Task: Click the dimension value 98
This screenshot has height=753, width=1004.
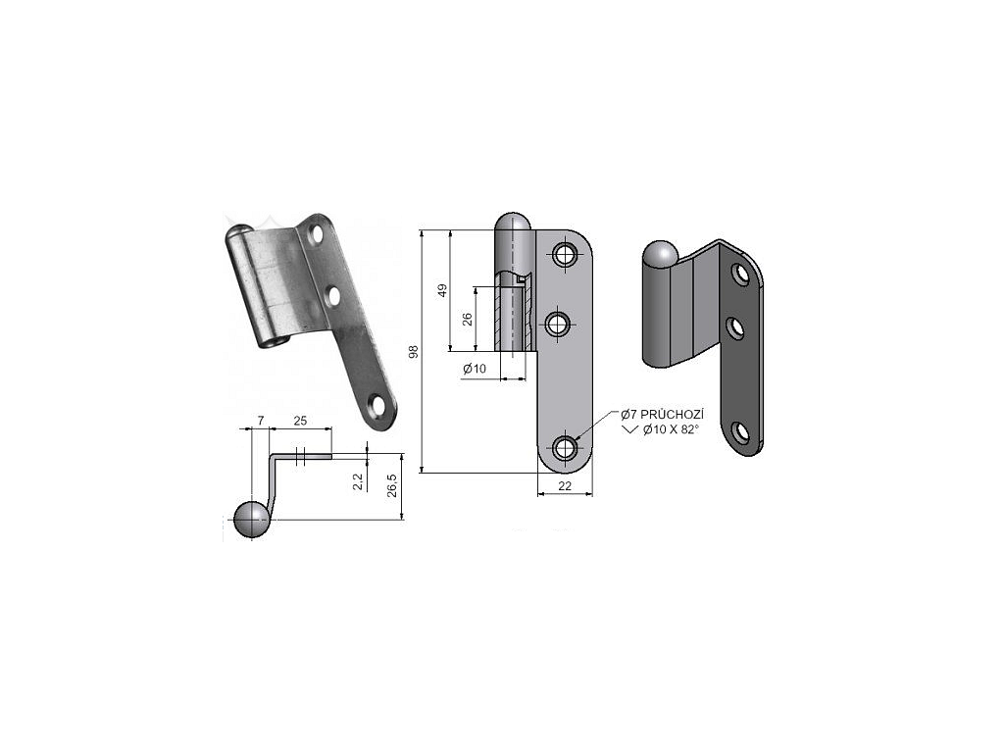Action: (414, 351)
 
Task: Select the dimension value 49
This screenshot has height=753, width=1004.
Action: (442, 290)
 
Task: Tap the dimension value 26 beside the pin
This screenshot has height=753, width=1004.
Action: (468, 319)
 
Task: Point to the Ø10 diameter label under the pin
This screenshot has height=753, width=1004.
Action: (475, 369)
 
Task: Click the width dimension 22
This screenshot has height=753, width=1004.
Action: (565, 486)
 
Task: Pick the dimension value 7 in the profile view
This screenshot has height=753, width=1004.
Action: (261, 420)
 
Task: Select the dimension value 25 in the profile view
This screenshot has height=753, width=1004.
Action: (300, 421)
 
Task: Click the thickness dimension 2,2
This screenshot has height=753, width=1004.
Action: (359, 481)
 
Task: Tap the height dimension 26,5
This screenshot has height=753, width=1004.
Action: (392, 485)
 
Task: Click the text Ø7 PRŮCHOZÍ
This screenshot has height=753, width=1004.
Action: (662, 415)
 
